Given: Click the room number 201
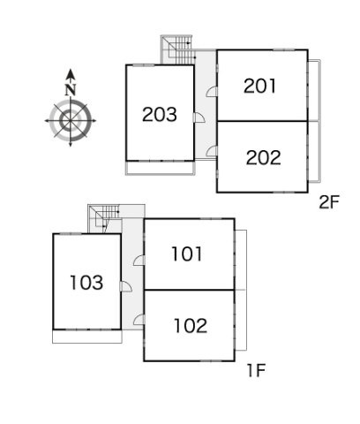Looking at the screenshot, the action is click(260, 86).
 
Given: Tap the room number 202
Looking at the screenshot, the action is click(263, 157).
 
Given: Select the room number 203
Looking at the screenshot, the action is click(160, 114).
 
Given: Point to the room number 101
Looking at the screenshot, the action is click(187, 254).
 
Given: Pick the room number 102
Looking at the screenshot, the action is click(191, 326).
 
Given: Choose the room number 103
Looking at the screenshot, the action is click(86, 283).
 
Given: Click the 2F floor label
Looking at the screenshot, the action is click(329, 202).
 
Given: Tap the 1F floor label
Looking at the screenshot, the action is click(257, 370).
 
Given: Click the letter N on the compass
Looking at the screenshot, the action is click(71, 90).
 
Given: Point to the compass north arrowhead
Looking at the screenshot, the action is click(71, 74).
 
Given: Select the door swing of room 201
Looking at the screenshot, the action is click(212, 91).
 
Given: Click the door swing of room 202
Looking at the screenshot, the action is click(212, 151).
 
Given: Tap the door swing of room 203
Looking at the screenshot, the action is click(199, 117).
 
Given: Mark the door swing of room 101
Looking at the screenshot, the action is click(139, 261).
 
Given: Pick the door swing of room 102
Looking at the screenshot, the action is click(139, 320).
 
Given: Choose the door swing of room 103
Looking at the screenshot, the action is click(125, 286).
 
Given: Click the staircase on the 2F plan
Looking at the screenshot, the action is click(177, 49).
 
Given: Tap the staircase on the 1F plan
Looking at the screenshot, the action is click(105, 219).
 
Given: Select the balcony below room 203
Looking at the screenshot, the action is click(161, 168).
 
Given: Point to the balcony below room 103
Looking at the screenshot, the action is click(87, 337).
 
